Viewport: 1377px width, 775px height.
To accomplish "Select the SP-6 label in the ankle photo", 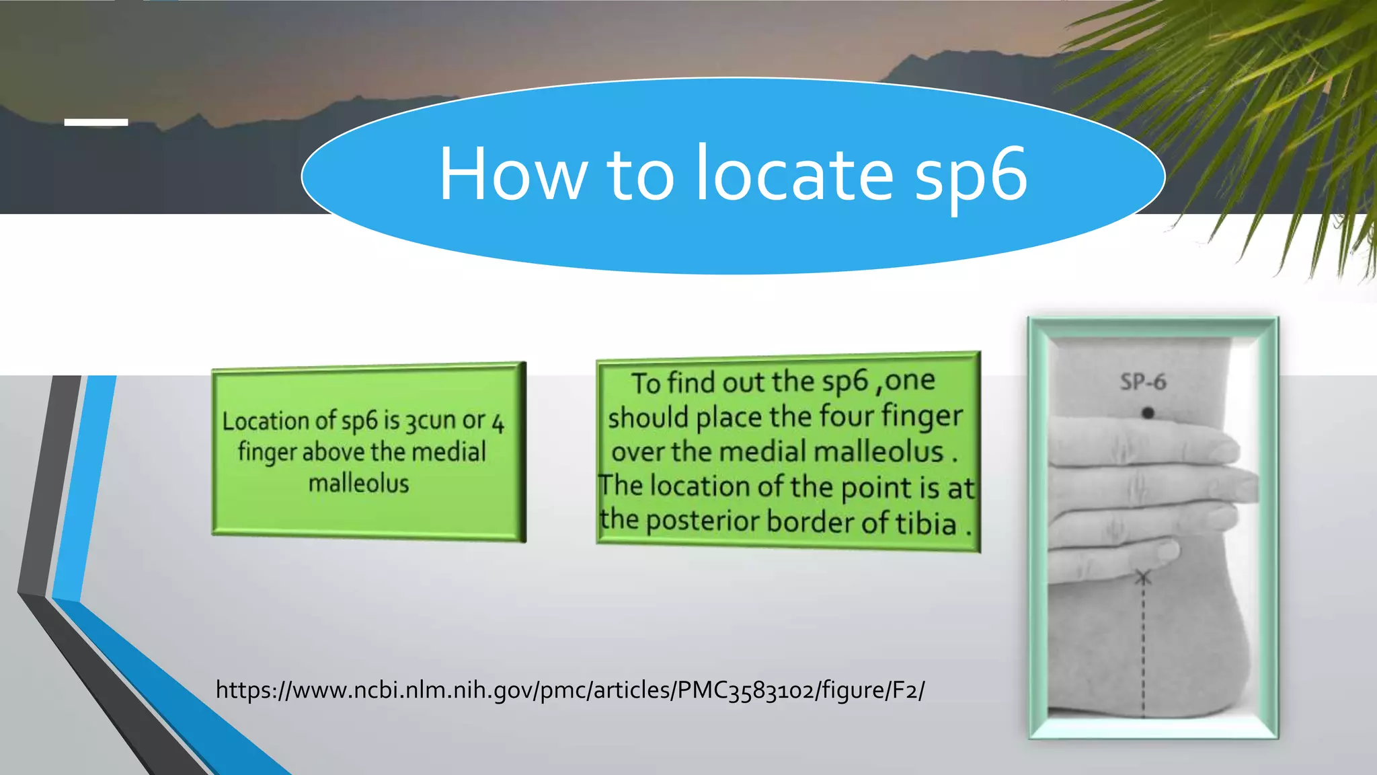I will coord(1142,382).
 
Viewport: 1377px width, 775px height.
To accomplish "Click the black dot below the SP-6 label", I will coord(1148,412).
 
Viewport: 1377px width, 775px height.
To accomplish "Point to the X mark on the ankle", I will coord(1143,577).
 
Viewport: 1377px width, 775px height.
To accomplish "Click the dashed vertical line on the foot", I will coord(1143,646).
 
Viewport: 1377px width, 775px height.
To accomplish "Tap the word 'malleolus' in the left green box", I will coord(358,483).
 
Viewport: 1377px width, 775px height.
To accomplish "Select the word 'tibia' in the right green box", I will coord(925,523).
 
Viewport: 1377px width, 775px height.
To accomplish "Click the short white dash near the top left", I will coord(96,122).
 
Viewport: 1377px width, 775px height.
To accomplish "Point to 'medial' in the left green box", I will coord(448,451).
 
